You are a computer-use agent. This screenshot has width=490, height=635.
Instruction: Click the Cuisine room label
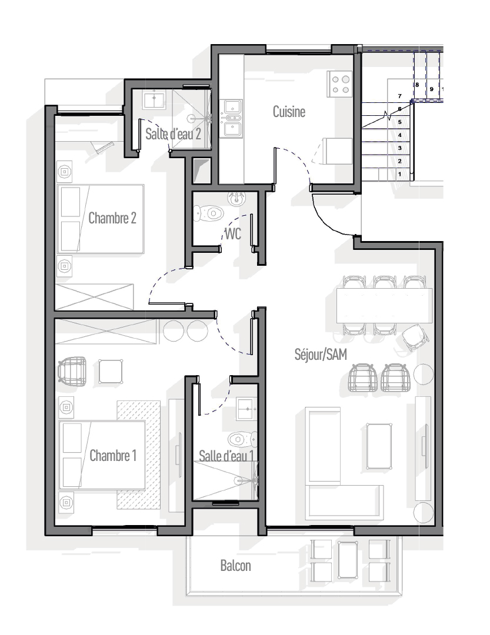(289, 112)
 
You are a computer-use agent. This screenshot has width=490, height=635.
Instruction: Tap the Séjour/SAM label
(321, 355)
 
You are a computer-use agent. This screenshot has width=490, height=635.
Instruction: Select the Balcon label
(235, 566)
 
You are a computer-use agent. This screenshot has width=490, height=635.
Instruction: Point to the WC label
(232, 233)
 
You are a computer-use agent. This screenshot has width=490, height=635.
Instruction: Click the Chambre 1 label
(113, 456)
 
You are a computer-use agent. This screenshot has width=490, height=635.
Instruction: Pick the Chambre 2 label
(112, 218)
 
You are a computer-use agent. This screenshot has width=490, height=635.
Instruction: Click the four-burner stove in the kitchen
(340, 84)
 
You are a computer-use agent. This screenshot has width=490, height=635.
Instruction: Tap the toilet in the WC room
(208, 213)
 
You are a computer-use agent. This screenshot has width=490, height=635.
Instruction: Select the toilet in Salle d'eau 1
(242, 439)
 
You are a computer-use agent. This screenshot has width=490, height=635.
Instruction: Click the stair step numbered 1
(399, 174)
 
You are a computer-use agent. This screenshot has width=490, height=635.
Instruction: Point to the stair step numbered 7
(399, 96)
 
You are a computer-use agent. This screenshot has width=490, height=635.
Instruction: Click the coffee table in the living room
(379, 446)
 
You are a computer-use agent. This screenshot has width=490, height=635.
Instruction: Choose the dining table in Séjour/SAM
(384, 305)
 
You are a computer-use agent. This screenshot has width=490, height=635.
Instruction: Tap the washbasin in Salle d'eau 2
(154, 99)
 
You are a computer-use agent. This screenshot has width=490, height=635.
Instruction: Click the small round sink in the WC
(237, 199)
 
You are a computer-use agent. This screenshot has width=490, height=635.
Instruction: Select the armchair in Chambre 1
(72, 369)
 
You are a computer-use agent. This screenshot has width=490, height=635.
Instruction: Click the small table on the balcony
(348, 560)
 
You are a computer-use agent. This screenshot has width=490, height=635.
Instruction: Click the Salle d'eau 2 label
(173, 134)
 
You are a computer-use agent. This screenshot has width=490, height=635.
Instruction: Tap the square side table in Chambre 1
(111, 371)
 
